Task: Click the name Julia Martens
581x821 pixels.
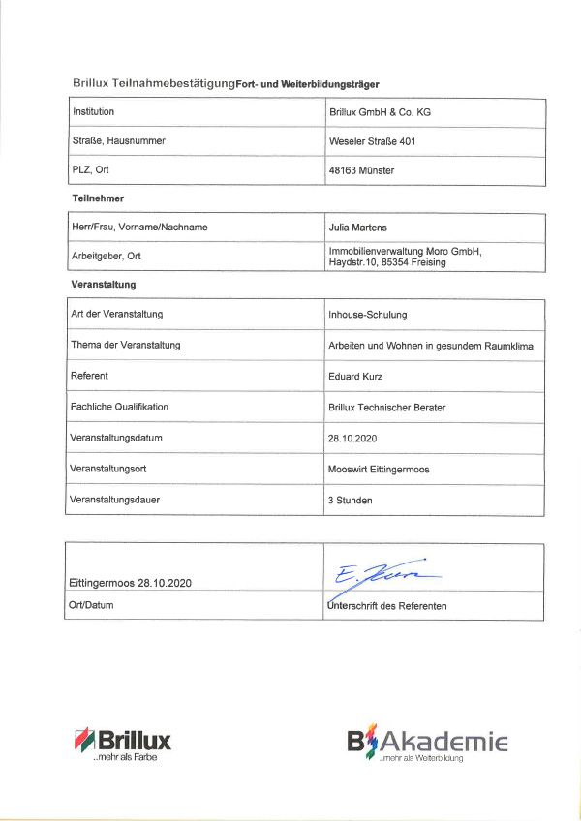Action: (360, 228)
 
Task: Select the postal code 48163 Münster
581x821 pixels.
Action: (362, 170)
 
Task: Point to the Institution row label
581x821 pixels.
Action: (94, 112)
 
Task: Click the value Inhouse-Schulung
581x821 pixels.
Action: (368, 315)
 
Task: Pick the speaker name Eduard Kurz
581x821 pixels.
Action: (356, 376)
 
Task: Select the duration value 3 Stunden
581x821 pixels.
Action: (351, 501)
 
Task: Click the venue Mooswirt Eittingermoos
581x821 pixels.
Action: (379, 469)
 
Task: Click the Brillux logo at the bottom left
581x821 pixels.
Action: (122, 744)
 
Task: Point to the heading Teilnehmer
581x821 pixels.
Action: (98, 198)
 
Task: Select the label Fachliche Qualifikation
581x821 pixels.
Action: (119, 407)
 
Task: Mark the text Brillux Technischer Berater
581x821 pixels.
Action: (387, 408)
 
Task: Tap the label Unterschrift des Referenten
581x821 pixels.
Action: (387, 607)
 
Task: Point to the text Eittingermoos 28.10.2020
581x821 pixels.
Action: (132, 584)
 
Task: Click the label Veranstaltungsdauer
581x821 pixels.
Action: (115, 501)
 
